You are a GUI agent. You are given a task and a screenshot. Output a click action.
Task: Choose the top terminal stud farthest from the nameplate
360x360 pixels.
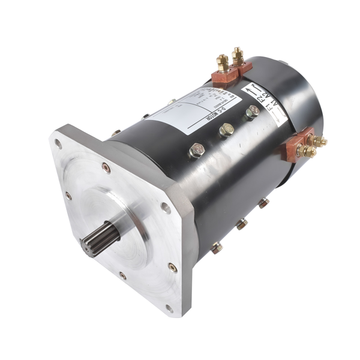pyautogui.click(x=238, y=56)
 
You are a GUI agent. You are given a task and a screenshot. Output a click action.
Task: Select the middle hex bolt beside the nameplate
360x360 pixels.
pyautogui.click(x=226, y=130)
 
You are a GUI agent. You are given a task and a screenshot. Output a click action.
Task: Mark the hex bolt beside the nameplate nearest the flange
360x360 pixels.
pyautogui.click(x=196, y=149)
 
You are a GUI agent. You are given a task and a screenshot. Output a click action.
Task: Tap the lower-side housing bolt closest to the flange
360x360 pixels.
pyautogui.click(x=217, y=247)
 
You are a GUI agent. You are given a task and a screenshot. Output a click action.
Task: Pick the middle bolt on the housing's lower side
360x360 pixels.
pyautogui.click(x=241, y=224)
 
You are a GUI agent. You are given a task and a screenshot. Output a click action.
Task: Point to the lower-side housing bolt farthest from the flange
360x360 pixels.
pyautogui.click(x=263, y=203)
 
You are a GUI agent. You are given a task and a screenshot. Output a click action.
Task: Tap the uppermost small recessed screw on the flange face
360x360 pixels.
pyautogui.click(x=106, y=167)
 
